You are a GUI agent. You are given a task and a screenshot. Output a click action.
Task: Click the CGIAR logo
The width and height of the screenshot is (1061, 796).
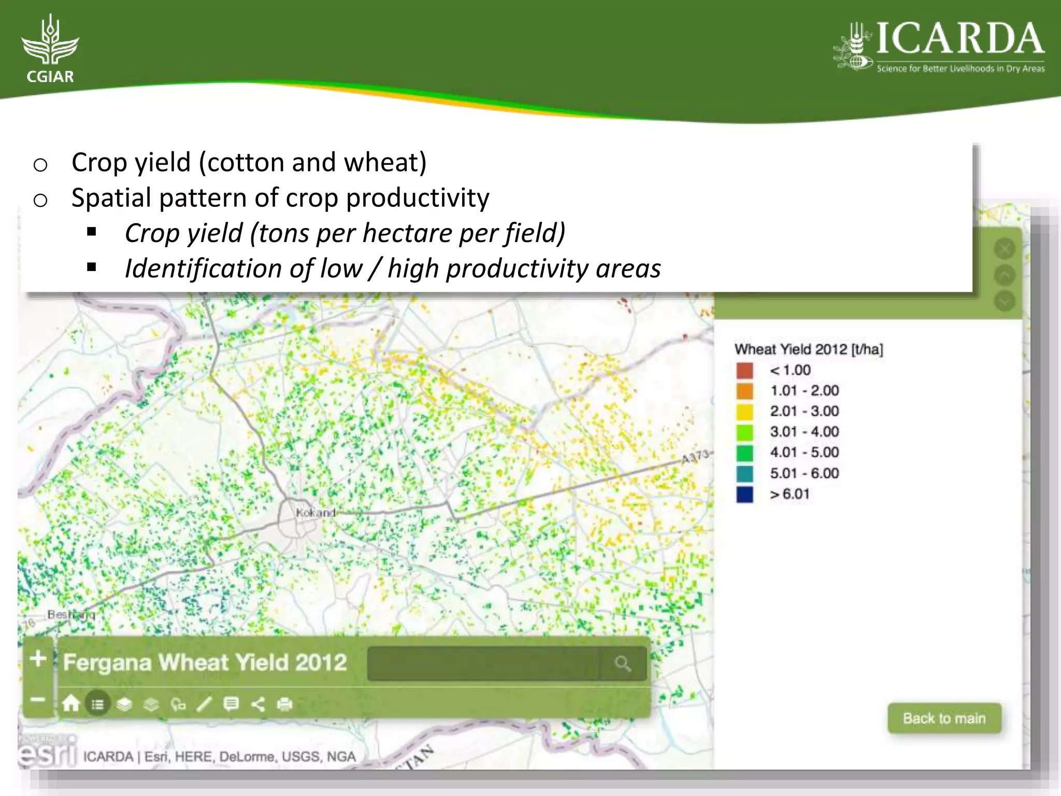tap(50, 49)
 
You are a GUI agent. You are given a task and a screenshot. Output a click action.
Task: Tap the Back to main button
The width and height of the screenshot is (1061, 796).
tap(944, 718)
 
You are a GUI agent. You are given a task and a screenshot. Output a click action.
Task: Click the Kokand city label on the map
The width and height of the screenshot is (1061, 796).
tap(316, 513)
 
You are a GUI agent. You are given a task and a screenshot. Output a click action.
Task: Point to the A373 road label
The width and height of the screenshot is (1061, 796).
tap(695, 457)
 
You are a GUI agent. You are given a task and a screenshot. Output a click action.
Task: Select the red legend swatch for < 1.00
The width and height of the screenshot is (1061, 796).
tap(744, 370)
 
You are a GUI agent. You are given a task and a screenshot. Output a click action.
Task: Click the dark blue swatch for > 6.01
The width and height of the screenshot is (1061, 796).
tap(744, 494)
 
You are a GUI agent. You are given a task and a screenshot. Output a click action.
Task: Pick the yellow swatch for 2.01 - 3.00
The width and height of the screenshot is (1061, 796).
tap(744, 411)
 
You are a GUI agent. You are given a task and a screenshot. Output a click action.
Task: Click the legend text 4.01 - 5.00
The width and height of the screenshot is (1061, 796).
tap(804, 452)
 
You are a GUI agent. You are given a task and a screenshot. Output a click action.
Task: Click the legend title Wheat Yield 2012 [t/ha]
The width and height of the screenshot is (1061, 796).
tap(808, 349)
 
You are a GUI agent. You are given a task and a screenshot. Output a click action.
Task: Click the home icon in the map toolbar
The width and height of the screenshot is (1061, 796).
tap(71, 704)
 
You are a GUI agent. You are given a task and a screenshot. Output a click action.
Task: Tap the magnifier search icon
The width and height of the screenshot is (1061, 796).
tap(623, 663)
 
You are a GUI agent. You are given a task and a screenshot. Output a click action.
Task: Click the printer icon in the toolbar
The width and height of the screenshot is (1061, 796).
tap(284, 704)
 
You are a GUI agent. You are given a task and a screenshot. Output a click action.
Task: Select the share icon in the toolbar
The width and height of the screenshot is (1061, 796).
tap(257, 704)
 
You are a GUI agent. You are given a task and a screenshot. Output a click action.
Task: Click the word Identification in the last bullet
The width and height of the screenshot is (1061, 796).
tap(203, 268)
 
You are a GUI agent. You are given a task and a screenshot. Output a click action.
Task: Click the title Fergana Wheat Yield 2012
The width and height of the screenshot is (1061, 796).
tap(205, 662)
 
